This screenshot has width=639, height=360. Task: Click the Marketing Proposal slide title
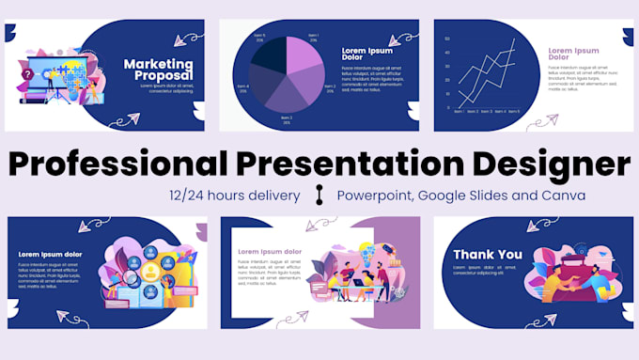click(158, 70)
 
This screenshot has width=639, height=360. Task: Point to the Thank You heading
click(487, 255)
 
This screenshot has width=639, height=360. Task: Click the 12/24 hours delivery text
click(235, 196)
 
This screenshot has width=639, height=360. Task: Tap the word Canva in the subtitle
click(567, 196)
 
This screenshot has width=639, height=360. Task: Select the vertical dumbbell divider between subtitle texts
click(319, 196)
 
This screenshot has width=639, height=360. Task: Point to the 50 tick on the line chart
click(448, 39)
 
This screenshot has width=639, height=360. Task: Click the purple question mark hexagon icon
click(28, 74)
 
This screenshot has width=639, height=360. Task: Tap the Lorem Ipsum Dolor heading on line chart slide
click(572, 55)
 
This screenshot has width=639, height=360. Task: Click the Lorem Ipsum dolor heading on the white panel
click(270, 252)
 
